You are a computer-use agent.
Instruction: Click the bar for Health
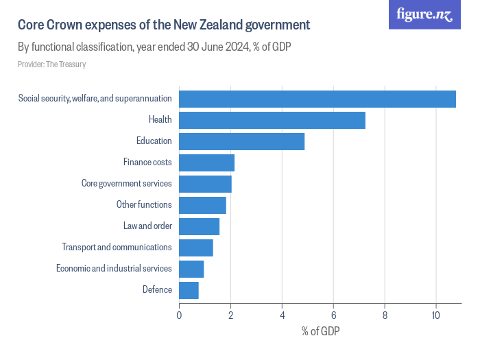click(x=272, y=120)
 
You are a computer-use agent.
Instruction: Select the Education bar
click(x=241, y=141)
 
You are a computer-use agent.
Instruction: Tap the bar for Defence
click(x=189, y=290)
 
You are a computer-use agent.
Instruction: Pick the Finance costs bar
click(x=206, y=163)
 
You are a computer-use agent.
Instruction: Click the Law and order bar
click(x=199, y=226)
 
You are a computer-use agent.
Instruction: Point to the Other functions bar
click(x=202, y=205)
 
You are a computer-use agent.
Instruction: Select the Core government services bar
click(x=205, y=184)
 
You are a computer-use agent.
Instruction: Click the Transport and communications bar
click(x=195, y=248)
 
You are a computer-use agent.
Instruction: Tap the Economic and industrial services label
click(x=114, y=268)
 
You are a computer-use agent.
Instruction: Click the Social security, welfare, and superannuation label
click(x=95, y=99)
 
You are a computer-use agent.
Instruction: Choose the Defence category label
click(x=157, y=289)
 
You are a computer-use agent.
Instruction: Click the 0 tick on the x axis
click(x=179, y=315)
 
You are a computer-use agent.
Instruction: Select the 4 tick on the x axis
click(x=282, y=315)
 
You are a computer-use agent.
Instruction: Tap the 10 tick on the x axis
click(x=435, y=315)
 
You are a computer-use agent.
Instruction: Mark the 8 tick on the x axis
click(x=385, y=315)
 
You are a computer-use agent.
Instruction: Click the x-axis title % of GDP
click(x=320, y=332)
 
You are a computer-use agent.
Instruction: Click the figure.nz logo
click(x=424, y=14)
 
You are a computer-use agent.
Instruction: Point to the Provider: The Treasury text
click(x=51, y=64)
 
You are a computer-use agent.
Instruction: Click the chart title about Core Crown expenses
click(x=164, y=25)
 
